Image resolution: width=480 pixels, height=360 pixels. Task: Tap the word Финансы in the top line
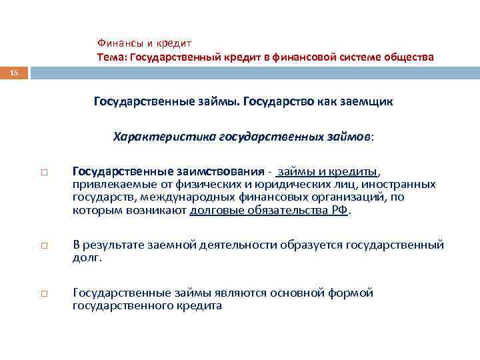pyautogui.click(x=119, y=42)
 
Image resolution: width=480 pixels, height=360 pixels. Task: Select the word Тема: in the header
pyautogui.click(x=112, y=57)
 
